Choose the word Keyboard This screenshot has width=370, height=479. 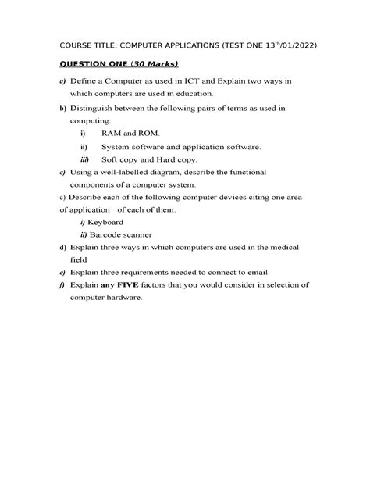[x=107, y=222]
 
